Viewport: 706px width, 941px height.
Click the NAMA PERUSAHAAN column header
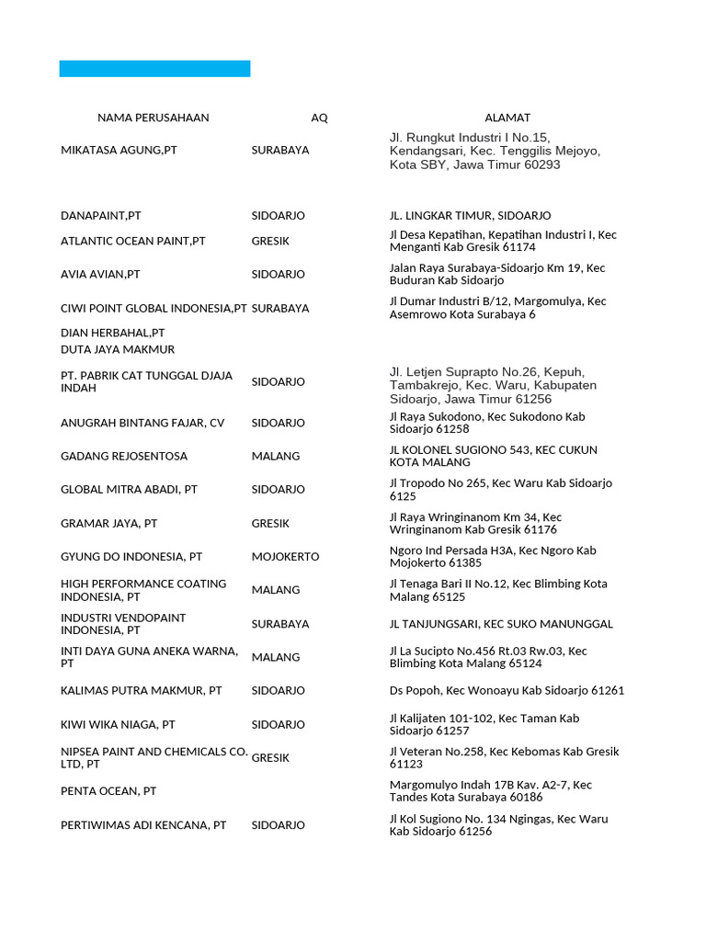pyautogui.click(x=153, y=118)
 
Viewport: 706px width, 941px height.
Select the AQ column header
pyautogui.click(x=319, y=118)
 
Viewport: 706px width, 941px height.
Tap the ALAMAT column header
pyautogui.click(x=507, y=118)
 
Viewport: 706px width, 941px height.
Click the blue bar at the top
pyautogui.click(x=154, y=69)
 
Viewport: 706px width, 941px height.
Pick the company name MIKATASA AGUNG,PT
pyautogui.click(x=119, y=150)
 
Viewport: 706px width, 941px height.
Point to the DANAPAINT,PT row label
pyautogui.click(x=101, y=216)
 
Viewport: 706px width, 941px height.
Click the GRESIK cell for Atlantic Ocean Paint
pyautogui.click(x=270, y=241)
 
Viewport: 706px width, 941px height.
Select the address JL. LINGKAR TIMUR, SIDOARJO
pyautogui.click(x=470, y=216)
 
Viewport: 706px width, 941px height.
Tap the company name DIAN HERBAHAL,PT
pyautogui.click(x=112, y=333)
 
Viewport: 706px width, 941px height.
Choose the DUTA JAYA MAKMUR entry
pyautogui.click(x=117, y=350)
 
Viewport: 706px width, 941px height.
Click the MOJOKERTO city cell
pyautogui.click(x=285, y=557)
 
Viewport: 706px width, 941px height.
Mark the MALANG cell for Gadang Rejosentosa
pyautogui.click(x=275, y=457)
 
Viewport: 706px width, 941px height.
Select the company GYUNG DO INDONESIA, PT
pyautogui.click(x=131, y=557)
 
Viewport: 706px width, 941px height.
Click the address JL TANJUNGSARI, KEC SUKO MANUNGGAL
pyautogui.click(x=501, y=624)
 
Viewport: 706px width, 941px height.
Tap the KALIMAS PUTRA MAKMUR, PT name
pyautogui.click(x=142, y=691)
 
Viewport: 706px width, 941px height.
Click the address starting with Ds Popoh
pyautogui.click(x=507, y=691)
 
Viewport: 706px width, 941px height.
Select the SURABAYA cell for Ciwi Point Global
pyautogui.click(x=279, y=309)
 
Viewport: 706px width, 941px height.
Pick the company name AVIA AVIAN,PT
pyautogui.click(x=100, y=275)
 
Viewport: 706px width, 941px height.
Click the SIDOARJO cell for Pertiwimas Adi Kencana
pyautogui.click(x=278, y=825)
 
